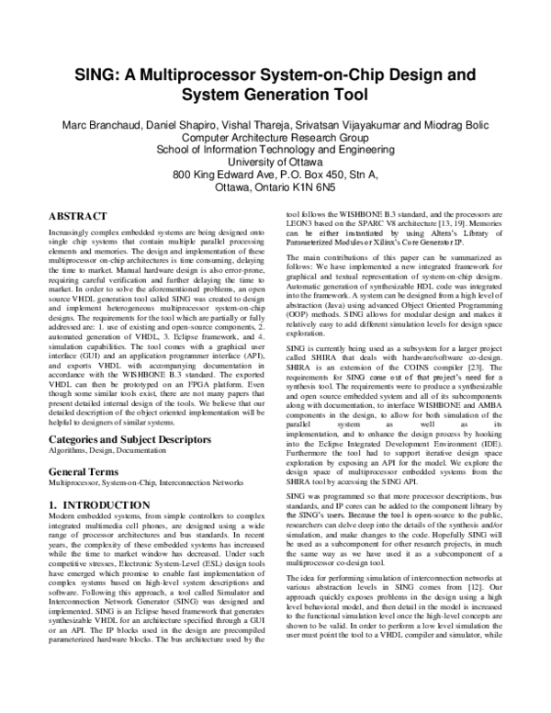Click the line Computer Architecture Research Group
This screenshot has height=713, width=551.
coord(275,137)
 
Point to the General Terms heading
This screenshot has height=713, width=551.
coord(85,470)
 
